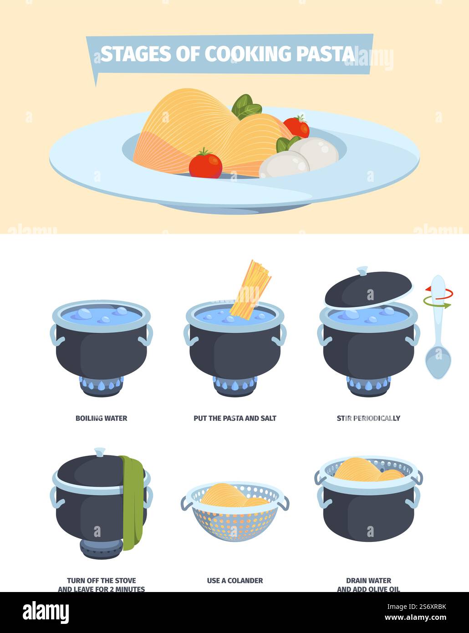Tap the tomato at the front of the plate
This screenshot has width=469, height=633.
(205, 164)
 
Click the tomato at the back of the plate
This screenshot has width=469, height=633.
(296, 127)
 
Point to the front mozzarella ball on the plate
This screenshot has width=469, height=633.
(284, 164)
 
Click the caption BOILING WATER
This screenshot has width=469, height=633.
(101, 418)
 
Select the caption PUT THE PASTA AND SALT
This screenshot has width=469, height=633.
(234, 418)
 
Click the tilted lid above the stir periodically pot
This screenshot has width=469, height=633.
(368, 288)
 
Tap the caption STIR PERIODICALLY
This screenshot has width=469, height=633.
(368, 418)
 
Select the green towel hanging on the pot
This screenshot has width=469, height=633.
(133, 501)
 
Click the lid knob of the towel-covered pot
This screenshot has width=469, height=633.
(100, 452)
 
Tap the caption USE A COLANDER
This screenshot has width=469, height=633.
(234, 581)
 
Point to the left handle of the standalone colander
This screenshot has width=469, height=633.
(186, 502)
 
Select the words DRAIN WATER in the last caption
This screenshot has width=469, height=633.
(368, 581)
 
